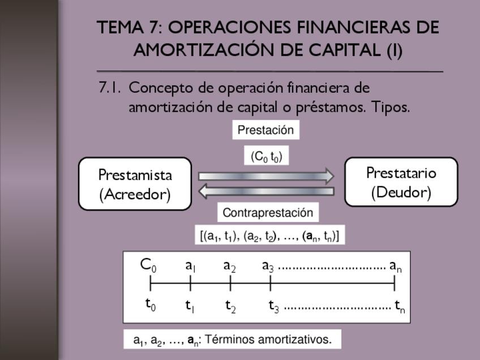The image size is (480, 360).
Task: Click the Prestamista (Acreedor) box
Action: coord(135,184)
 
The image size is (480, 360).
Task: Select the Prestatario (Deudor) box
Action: coord(401,182)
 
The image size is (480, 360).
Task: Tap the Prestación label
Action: coord(265,130)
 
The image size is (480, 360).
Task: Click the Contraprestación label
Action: coord(268,213)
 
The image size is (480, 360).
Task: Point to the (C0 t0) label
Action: coord(266,156)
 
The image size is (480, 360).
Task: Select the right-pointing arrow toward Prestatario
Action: coord(266,176)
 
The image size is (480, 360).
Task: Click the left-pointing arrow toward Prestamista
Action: coord(266,192)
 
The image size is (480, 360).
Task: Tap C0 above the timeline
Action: coord(148,264)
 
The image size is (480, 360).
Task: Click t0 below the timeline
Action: coord(150,305)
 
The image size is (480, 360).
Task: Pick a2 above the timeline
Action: coord(229,265)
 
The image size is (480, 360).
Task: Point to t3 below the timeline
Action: coord(274,306)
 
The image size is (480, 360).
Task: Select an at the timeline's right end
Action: coord(396,265)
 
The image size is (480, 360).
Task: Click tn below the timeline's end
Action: coord(400,306)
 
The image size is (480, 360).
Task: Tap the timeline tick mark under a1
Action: coord(191,282)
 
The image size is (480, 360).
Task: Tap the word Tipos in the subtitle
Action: coord(390,107)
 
